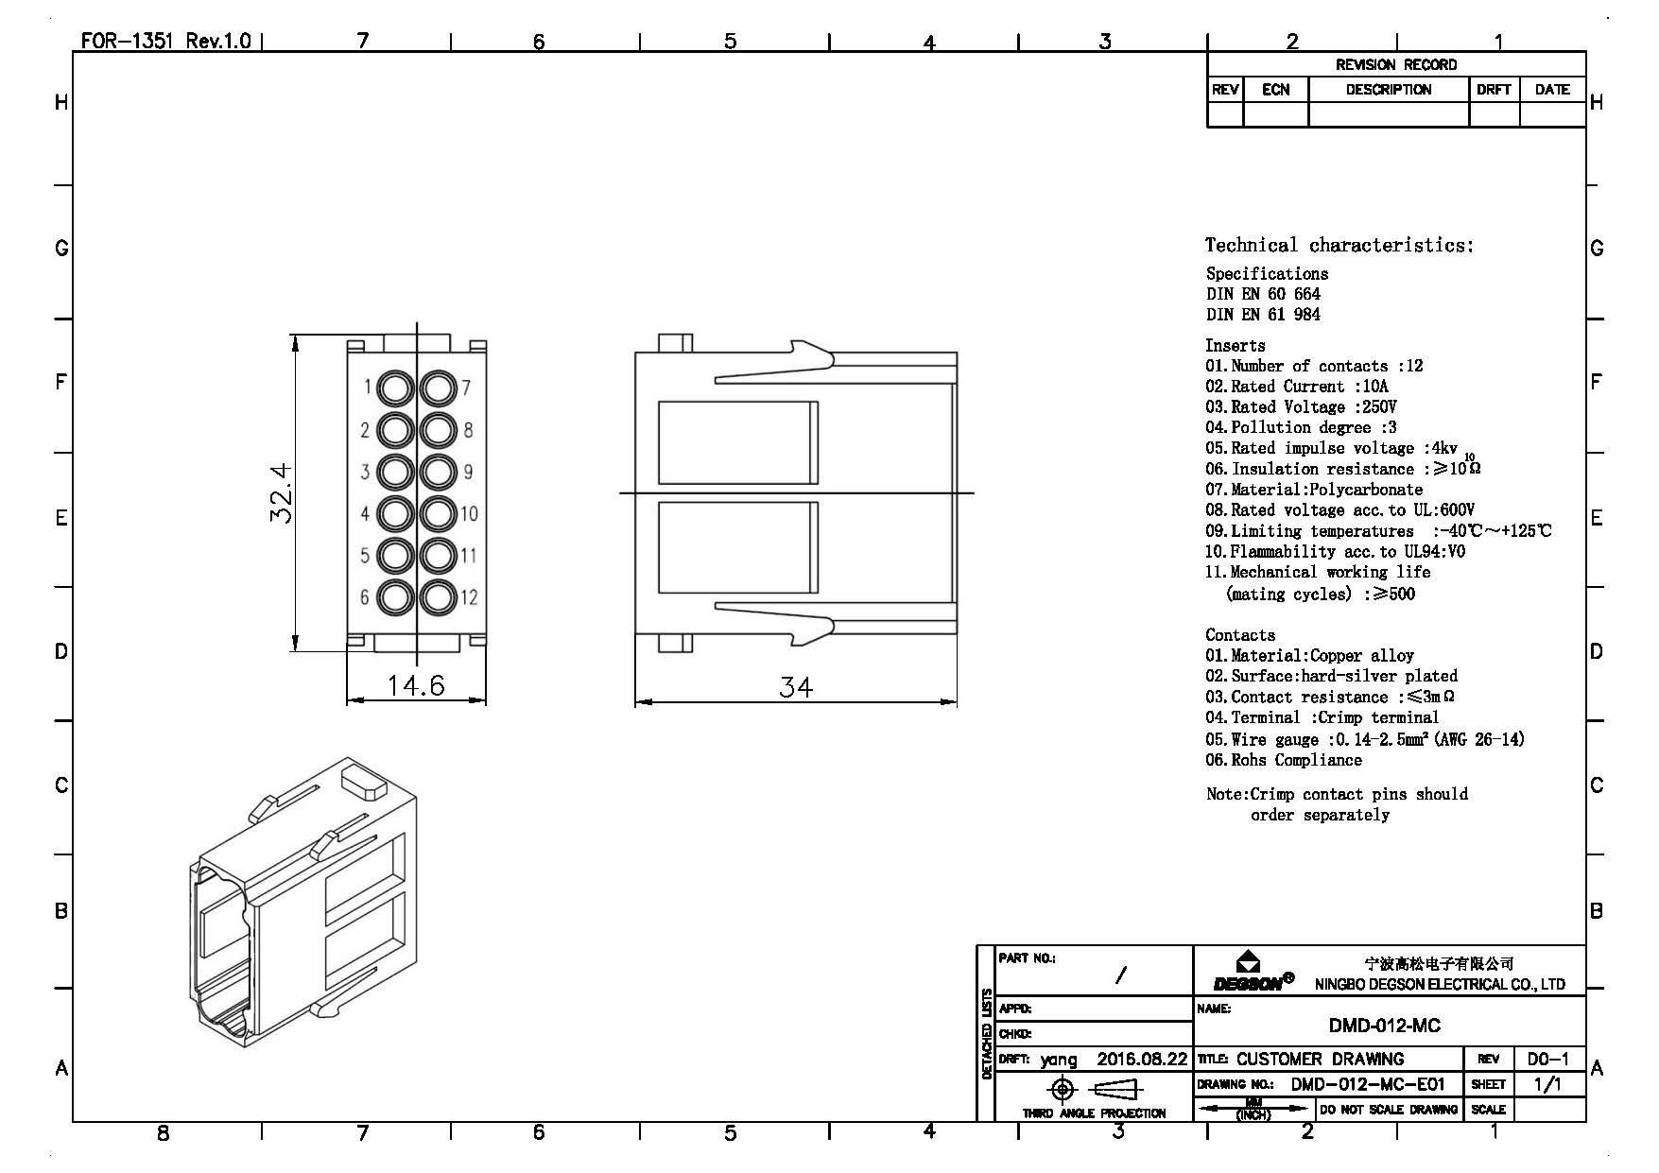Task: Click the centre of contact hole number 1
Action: pyautogui.click(x=395, y=388)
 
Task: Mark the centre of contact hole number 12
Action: pyautogui.click(x=438, y=597)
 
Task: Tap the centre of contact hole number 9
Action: pyautogui.click(x=438, y=472)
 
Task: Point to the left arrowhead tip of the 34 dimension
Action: pyautogui.click(x=635, y=702)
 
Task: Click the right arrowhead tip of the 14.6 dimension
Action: pyautogui.click(x=486, y=700)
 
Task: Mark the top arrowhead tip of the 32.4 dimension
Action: pyautogui.click(x=295, y=336)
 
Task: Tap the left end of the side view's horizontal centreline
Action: pyautogui.click(x=620, y=492)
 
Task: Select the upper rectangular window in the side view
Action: pyautogui.click(x=737, y=442)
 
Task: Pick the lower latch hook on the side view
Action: pyautogui.click(x=775, y=624)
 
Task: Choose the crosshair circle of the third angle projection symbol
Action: pyautogui.click(x=1063, y=1090)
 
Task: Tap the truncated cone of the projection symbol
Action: pyautogui.click(x=1117, y=1090)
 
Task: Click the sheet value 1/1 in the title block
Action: pyautogui.click(x=1547, y=1084)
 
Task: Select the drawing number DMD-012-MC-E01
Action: pyautogui.click(x=1368, y=1084)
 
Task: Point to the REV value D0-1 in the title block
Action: pyautogui.click(x=1547, y=1060)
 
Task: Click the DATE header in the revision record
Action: pyautogui.click(x=1552, y=90)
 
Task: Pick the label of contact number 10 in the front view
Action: pyautogui.click(x=470, y=514)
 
